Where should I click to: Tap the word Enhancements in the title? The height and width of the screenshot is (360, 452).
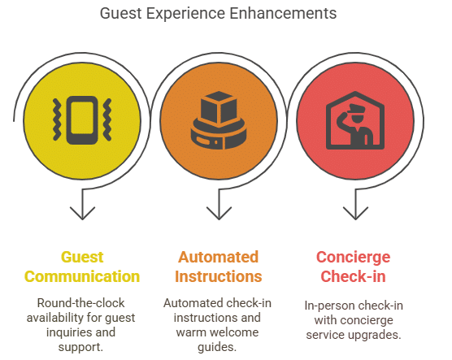284,13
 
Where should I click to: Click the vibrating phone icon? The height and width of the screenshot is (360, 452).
82,120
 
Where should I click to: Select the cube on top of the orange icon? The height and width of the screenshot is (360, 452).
219,107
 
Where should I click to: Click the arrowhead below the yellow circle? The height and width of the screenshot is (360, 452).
82,213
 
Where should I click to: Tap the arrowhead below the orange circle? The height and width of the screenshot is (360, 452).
219,213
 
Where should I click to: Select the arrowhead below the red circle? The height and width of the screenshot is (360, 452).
355,213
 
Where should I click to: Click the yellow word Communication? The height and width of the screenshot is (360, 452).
82,276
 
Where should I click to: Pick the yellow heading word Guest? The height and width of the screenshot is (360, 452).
82,257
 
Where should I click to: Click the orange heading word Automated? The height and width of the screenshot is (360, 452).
218,257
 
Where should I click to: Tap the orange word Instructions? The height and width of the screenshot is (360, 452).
218,276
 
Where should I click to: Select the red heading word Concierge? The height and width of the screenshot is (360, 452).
353,258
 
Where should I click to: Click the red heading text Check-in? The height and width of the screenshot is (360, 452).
353,276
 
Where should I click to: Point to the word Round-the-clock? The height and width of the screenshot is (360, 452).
80,303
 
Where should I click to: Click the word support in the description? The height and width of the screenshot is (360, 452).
80,348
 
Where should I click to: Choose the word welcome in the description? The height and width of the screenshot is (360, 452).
237,332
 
